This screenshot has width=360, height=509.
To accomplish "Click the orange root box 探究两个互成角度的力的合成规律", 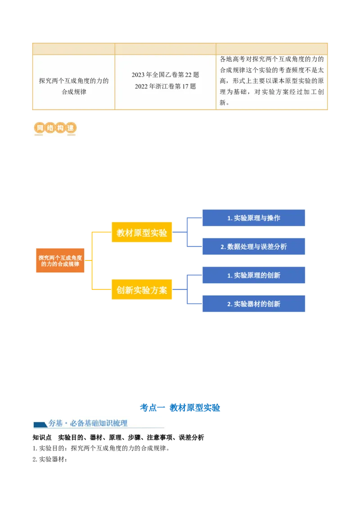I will [x=60, y=261].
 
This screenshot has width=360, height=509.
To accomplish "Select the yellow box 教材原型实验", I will [x=142, y=232].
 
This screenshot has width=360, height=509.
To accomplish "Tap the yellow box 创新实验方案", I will [x=142, y=290].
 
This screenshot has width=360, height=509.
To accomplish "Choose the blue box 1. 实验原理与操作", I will [x=254, y=218].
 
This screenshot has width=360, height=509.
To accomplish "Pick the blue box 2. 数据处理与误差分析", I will [x=254, y=246].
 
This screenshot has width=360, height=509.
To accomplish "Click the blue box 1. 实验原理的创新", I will [x=254, y=275].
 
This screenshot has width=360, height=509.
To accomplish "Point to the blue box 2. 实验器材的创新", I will [x=254, y=304].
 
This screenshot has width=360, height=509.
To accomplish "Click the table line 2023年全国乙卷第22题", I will [x=165, y=75].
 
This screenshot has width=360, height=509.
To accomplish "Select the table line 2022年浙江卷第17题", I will [x=165, y=86].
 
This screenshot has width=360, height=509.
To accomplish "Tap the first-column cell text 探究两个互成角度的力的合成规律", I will [x=74, y=86].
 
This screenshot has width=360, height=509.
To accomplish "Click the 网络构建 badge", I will [x=54, y=128].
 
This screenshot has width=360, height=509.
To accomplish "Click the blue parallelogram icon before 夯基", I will [x=40, y=424].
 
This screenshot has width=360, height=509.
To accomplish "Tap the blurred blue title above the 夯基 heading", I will [x=180, y=407].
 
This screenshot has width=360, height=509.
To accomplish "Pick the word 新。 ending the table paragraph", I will [x=224, y=103].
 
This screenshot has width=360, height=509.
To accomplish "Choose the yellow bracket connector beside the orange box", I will [x=92, y=261].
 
